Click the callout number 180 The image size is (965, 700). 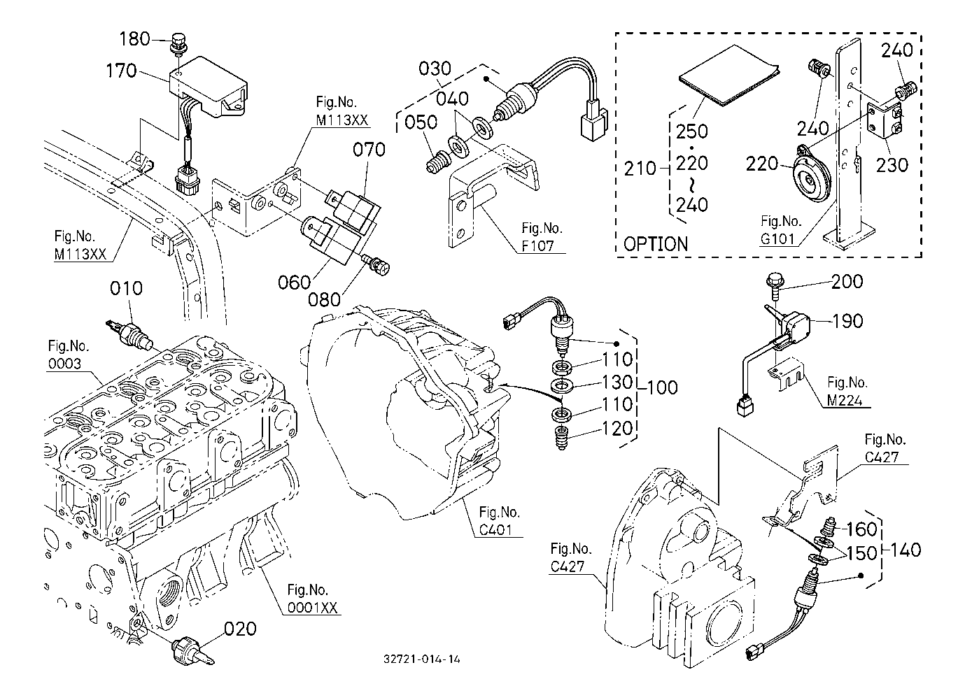pos(135,39)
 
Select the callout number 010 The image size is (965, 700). pos(126,288)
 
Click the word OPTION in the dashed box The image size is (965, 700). pos(655,244)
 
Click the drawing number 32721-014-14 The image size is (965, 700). pos(422,659)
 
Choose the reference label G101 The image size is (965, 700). pos(779,239)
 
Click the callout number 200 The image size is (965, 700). pos(847,281)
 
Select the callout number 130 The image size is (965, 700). pos(617,382)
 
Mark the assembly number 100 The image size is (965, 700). pos(661,387)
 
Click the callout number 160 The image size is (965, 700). pos(862,529)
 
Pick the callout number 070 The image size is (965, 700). pos(369,150)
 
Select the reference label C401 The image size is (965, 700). pos(500,530)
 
